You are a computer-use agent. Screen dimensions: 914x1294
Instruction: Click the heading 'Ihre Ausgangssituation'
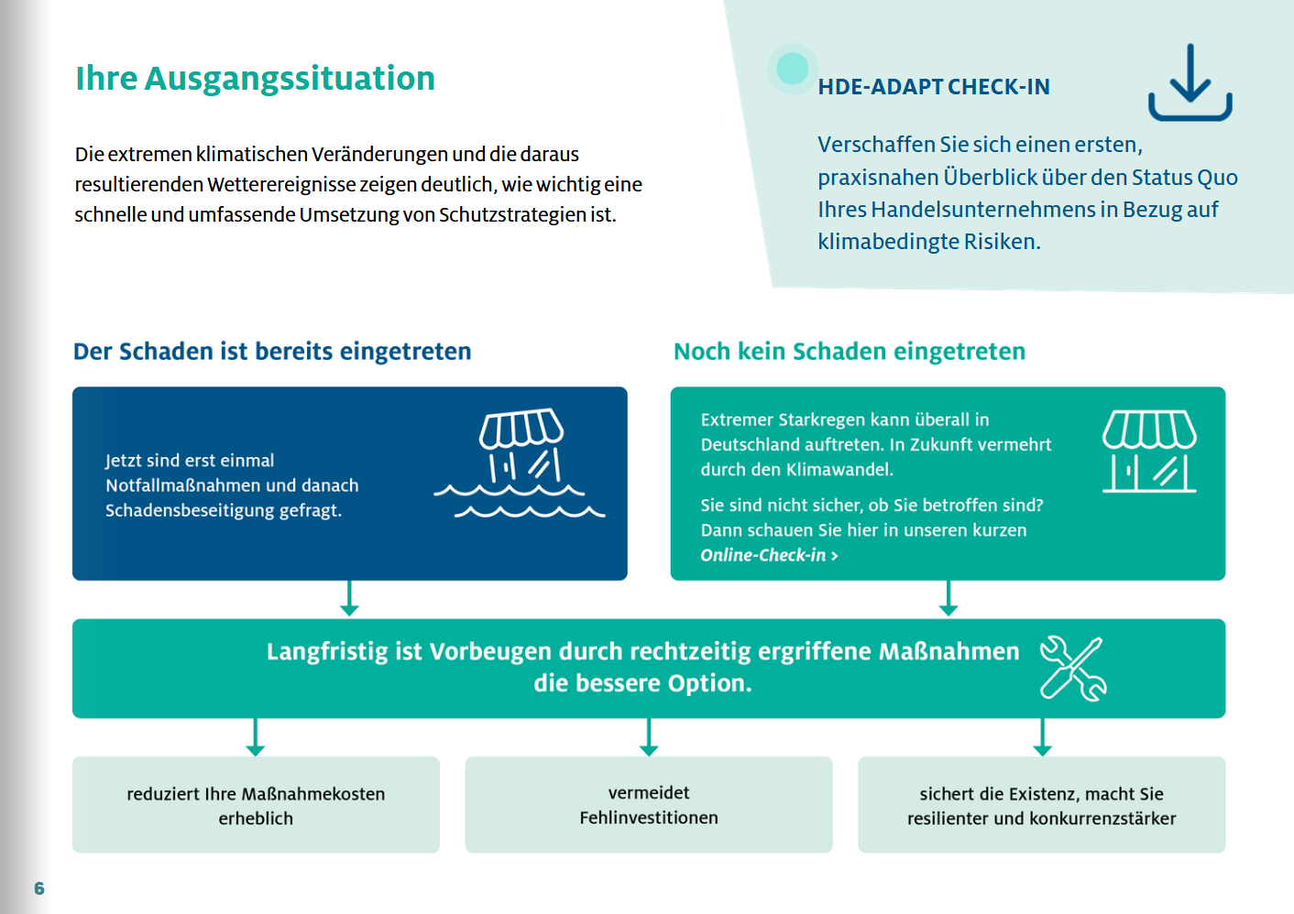tap(255, 79)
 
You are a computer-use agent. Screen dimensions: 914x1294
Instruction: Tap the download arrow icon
tap(1190, 83)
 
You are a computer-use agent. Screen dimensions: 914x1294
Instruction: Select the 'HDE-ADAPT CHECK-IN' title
tap(933, 87)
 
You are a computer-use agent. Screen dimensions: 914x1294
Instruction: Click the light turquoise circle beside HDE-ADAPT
tap(792, 68)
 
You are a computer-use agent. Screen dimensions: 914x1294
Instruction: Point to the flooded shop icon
tap(521, 462)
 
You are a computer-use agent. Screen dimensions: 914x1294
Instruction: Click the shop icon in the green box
tap(1149, 452)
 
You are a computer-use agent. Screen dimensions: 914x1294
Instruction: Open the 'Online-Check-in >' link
tap(769, 555)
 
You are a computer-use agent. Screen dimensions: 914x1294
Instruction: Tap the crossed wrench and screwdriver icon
tap(1072, 669)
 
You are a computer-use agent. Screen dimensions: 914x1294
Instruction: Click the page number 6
tap(38, 888)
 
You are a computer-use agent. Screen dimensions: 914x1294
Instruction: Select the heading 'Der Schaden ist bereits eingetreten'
tap(272, 352)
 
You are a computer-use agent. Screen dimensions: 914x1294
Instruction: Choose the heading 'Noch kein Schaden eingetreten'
tap(849, 352)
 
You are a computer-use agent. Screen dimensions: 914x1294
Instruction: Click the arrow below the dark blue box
tap(349, 599)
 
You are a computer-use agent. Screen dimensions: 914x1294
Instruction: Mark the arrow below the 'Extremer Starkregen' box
tap(949, 599)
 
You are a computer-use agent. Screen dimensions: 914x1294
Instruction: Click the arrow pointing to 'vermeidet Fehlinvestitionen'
tap(649, 738)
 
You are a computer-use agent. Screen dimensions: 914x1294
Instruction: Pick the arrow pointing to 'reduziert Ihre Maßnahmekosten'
tap(256, 738)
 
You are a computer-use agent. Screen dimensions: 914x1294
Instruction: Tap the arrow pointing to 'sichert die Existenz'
tap(1042, 738)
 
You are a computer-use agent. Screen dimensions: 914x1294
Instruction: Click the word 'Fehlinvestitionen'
tap(648, 818)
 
